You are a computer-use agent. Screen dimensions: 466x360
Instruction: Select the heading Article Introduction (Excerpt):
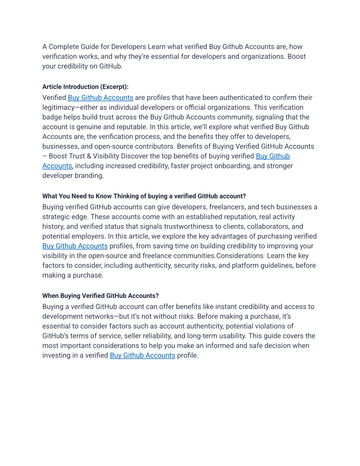point(85,87)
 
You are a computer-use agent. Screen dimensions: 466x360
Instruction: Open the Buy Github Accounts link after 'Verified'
point(101,98)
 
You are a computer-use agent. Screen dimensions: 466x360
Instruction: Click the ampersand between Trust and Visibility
point(89,156)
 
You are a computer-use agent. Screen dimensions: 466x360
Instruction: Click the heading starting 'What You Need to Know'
point(144,196)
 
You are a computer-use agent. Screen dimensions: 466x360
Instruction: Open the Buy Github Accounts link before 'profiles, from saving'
point(75,246)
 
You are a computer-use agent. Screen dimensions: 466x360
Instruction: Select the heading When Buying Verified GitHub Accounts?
point(101,296)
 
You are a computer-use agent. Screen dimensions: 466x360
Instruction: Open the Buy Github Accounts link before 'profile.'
point(142,356)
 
